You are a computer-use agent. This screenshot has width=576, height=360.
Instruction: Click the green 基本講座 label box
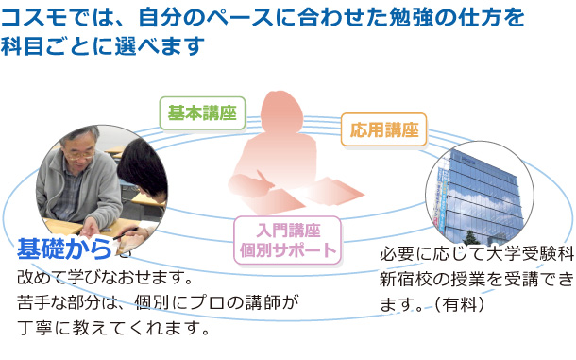pos(200,113)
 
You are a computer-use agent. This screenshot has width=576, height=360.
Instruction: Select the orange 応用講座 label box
pos(383,129)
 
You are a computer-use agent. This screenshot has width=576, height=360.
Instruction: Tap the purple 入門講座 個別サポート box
pos(285,240)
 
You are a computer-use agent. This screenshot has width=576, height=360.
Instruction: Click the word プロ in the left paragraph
pos(216,302)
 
